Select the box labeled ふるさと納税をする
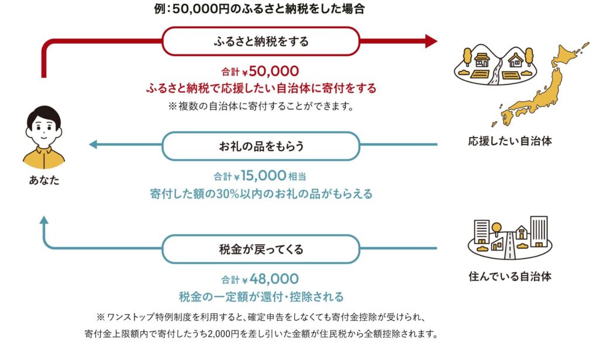click(260, 42)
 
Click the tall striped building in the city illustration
click(538, 231)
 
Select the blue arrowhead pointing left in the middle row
click(93, 144)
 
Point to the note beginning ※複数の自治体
click(260, 107)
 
